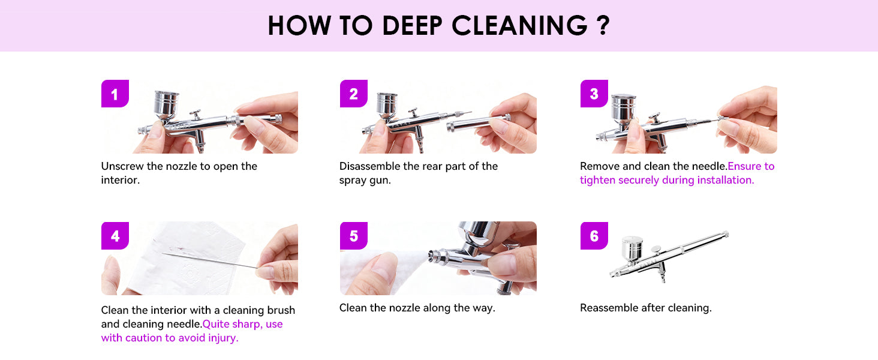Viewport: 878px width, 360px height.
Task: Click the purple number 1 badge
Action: click(x=115, y=94)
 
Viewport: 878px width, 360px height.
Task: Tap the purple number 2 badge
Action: click(x=354, y=94)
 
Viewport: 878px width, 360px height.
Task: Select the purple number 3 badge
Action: click(x=594, y=94)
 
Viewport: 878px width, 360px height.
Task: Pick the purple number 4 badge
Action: click(x=115, y=236)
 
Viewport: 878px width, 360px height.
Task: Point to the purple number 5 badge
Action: click(x=354, y=236)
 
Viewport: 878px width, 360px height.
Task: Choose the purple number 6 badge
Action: click(x=594, y=236)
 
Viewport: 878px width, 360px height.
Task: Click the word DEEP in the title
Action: click(x=412, y=26)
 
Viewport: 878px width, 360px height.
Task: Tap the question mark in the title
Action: click(x=604, y=26)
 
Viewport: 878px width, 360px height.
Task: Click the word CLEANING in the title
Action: click(x=520, y=26)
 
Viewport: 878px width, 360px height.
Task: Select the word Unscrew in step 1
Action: click(x=122, y=166)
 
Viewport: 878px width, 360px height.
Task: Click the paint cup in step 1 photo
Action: click(x=166, y=104)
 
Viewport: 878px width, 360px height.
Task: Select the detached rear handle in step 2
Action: click(x=479, y=122)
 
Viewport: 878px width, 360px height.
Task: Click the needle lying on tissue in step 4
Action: click(x=210, y=260)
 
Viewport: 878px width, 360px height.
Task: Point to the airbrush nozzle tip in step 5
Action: click(x=432, y=256)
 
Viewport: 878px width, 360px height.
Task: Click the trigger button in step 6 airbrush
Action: click(x=656, y=249)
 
